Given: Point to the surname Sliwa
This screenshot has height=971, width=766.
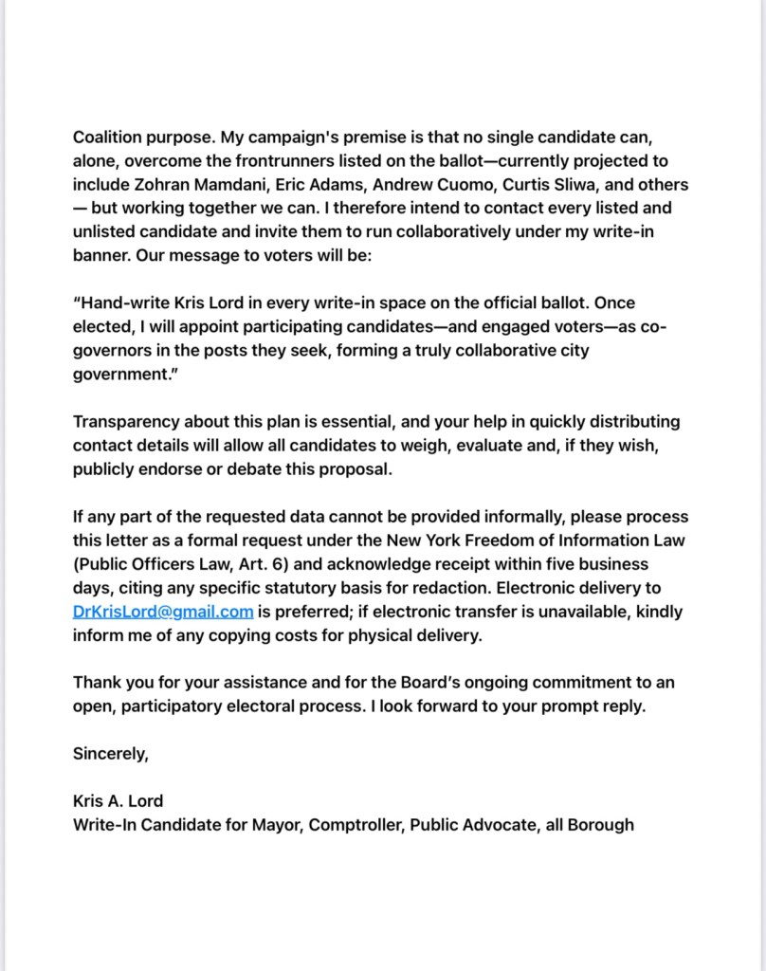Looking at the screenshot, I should [621, 184].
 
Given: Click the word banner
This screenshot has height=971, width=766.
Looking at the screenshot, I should [100, 256].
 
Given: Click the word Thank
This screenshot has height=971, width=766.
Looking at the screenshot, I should [95, 683].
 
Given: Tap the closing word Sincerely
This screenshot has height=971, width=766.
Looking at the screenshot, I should [111, 754].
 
